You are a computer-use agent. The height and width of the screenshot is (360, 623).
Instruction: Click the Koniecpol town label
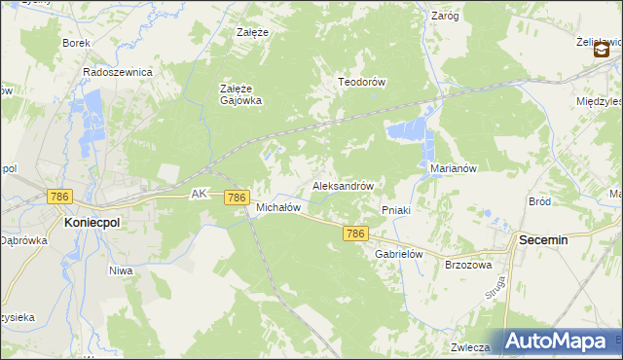click(x=92, y=223)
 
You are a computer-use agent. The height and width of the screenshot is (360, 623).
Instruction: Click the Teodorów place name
click(x=362, y=83)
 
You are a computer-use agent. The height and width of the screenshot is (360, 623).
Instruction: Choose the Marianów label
click(x=452, y=167)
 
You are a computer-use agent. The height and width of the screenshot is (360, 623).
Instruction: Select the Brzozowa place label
click(x=468, y=265)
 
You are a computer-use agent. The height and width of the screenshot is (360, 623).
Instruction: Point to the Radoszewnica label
click(x=118, y=72)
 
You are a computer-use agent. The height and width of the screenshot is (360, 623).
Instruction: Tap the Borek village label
click(x=76, y=44)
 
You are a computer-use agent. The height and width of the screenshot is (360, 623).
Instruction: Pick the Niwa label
click(x=121, y=270)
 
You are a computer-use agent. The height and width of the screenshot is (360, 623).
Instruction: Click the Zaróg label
click(x=444, y=17)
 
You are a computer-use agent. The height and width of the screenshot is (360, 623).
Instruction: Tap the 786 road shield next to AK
click(x=235, y=198)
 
